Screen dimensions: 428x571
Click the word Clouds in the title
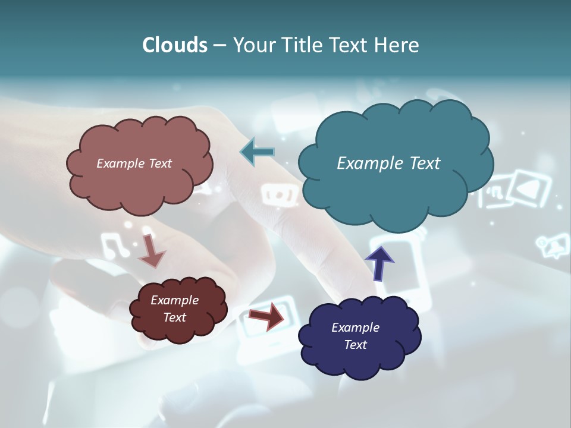[x=175, y=45]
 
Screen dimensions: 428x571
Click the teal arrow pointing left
[x=257, y=152]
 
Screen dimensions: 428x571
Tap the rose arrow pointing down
[x=152, y=250]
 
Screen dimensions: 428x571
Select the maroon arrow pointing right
[x=266, y=317]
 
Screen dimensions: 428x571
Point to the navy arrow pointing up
[x=379, y=263]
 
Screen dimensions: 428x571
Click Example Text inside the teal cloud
[x=388, y=163]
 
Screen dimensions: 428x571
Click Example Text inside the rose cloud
[x=134, y=163]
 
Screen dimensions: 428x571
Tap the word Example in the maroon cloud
[x=174, y=300]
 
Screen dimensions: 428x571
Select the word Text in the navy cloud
[x=355, y=345]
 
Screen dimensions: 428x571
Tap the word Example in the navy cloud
[x=355, y=328]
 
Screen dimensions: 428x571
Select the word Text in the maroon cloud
[x=174, y=317]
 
